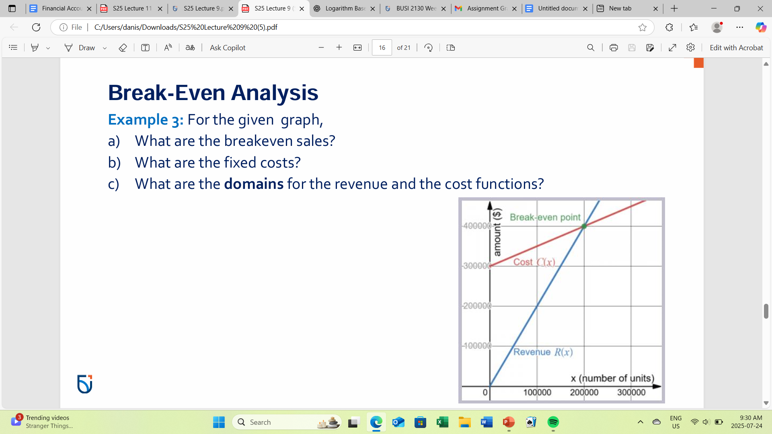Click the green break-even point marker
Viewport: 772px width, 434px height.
pos(584,226)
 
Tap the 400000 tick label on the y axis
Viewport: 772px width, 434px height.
pos(477,226)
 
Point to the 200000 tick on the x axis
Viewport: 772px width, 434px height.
pos(584,392)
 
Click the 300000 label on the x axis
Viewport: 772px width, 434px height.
pos(631,392)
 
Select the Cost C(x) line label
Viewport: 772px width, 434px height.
pos(534,262)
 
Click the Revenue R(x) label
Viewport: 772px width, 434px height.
pos(543,352)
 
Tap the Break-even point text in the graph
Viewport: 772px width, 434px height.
pos(545,217)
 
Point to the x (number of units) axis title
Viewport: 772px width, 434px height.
pos(612,378)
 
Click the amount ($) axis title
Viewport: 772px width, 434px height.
pos(497,232)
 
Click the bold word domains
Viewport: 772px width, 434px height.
pos(254,184)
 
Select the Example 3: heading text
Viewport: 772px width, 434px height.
pos(146,120)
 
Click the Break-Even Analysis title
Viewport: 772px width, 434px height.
pos(213,92)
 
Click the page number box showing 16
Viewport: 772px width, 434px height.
pos(382,48)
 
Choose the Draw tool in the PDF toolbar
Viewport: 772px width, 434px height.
pos(80,48)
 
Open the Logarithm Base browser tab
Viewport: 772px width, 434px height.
pos(345,8)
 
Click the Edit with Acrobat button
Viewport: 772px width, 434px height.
pos(736,48)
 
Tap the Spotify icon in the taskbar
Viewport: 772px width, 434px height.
pos(553,422)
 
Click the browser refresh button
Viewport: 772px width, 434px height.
pos(36,27)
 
